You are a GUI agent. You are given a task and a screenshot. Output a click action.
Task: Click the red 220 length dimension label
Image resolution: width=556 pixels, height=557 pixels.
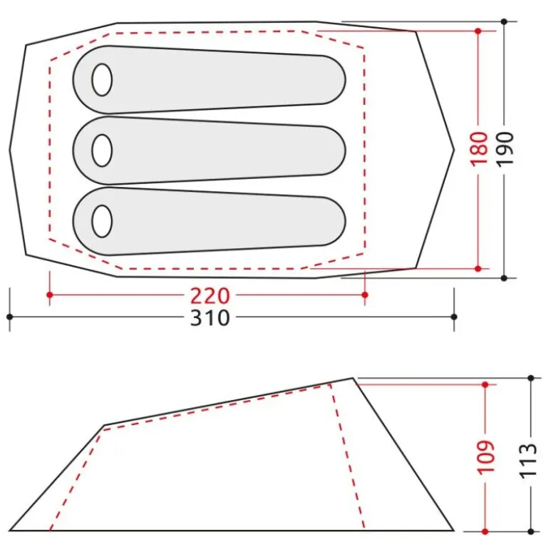click(x=210, y=296)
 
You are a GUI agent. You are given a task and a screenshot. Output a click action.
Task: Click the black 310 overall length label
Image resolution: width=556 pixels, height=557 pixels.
click(x=210, y=318)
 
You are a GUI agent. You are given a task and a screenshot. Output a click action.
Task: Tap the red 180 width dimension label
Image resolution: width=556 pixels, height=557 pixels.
click(x=478, y=148)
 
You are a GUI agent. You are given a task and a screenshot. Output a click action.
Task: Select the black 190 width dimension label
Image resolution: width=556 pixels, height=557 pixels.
click(x=505, y=148)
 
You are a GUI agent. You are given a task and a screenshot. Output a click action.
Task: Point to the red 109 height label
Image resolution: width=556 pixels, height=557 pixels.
click(x=486, y=457)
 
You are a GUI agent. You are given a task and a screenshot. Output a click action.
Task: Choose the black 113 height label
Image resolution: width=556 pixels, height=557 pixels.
click(x=528, y=461)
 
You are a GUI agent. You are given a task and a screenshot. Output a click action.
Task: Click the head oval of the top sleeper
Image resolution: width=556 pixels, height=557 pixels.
click(x=102, y=80)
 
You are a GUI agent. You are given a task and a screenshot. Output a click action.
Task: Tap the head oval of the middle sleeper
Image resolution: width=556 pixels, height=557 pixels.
click(x=102, y=150)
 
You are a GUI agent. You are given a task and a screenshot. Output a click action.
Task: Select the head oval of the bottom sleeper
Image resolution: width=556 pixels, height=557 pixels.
click(x=102, y=221)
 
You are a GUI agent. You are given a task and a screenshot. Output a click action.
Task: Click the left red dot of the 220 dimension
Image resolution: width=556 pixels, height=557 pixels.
click(x=50, y=295)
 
